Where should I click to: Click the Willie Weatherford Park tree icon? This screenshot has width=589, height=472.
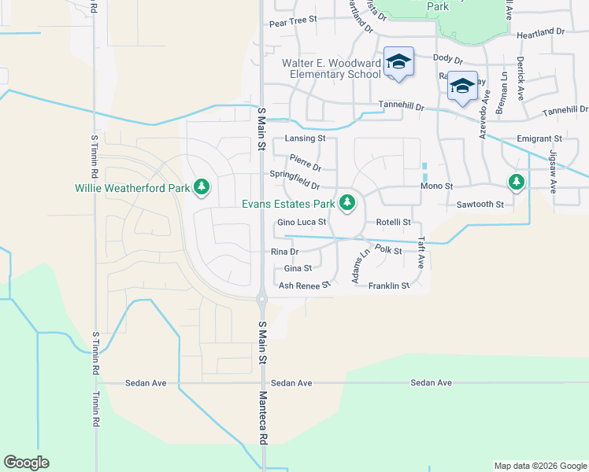tap(203, 186)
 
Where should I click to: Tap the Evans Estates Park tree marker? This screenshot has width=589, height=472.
tap(347, 203)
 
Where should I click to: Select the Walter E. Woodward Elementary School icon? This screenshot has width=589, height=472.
tap(398, 62)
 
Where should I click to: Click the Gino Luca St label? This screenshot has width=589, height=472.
tap(302, 223)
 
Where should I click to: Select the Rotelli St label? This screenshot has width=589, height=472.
tap(393, 223)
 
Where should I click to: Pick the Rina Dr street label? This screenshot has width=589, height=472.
tap(284, 252)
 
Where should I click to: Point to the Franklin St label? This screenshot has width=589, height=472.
tap(389, 286)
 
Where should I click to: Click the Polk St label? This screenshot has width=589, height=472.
tap(388, 250)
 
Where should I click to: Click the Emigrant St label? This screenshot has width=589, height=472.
tap(539, 138)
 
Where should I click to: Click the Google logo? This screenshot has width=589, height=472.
tap(26, 463)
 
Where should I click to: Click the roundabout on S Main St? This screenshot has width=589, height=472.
tap(261, 298)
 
